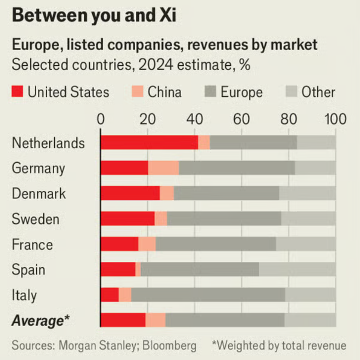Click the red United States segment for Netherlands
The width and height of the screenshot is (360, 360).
[149, 142]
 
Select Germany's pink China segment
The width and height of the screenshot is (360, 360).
[164, 168]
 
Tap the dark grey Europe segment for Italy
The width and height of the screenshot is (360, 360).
[208, 295]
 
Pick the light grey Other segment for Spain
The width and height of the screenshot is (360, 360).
[297, 269]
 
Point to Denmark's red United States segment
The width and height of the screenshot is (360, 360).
[130, 193]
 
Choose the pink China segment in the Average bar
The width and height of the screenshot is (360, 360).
[155, 320]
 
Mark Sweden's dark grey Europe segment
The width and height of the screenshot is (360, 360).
[224, 219]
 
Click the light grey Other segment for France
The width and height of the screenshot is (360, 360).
[306, 244]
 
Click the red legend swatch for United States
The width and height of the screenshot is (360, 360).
[17, 92]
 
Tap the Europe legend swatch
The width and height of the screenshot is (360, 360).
[210, 92]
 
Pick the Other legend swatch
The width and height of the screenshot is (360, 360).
[291, 92]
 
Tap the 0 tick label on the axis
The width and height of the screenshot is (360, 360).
[101, 119]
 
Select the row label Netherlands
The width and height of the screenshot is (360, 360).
[48, 143]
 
